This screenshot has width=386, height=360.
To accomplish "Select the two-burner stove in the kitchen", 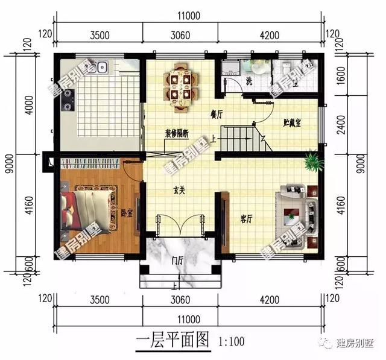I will (67, 100).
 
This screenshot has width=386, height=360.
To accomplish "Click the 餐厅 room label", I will (217, 113).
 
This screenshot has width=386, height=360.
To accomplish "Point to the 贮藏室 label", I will (293, 122).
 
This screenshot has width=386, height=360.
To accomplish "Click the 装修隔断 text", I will (177, 134).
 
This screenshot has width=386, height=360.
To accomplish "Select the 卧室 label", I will (127, 213).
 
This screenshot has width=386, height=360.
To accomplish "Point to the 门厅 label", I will (177, 261).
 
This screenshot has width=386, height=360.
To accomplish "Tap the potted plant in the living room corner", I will (312, 161).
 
